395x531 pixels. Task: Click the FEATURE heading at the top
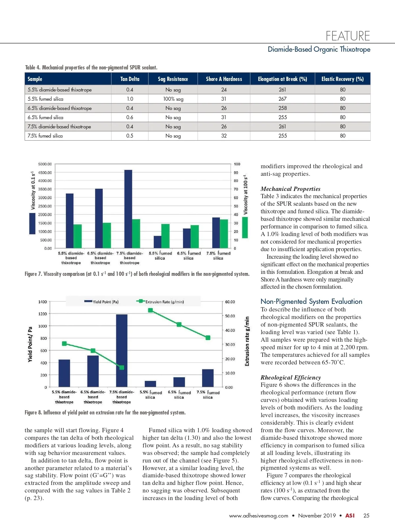(x=348, y=36)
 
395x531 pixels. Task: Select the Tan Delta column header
(x=130, y=79)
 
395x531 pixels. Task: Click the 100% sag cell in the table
(x=173, y=99)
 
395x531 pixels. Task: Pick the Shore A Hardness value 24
(x=224, y=90)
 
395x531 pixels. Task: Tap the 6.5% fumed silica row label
(x=45, y=117)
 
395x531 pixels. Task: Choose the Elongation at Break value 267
(x=282, y=99)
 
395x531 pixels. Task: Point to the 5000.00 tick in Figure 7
(x=45, y=164)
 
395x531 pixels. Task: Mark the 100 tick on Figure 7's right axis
(x=237, y=164)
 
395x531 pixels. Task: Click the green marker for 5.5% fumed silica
(x=150, y=310)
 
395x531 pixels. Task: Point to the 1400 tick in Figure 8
(x=42, y=302)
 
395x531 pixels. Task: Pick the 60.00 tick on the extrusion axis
(x=230, y=302)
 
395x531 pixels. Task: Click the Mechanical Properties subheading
(x=290, y=189)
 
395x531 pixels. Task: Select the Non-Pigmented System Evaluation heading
(x=311, y=301)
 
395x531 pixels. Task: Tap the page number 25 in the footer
(x=366, y=516)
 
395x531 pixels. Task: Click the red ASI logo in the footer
(x=350, y=516)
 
